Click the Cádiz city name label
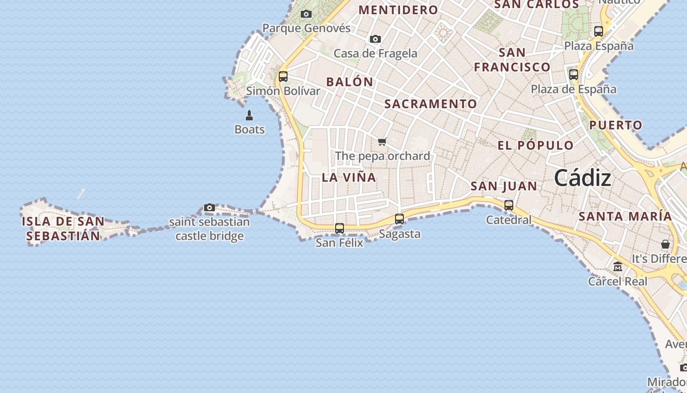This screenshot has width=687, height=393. click(582, 178)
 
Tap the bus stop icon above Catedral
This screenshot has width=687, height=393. click(509, 205)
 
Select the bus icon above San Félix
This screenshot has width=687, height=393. click(340, 228)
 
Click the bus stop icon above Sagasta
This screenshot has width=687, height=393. click(399, 219)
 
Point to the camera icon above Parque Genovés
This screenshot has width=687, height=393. click(306, 14)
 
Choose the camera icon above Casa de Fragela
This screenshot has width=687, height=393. click(375, 39)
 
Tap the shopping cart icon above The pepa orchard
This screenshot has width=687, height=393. click(382, 142)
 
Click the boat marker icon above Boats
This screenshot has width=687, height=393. click(249, 115)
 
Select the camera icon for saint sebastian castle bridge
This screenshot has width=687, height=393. click(210, 208)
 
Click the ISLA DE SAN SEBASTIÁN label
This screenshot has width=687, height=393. click(63, 229)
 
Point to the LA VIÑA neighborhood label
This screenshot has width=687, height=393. click(349, 178)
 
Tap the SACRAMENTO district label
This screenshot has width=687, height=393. click(430, 104)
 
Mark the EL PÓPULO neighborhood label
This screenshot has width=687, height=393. click(535, 145)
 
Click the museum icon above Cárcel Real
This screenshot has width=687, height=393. click(618, 267)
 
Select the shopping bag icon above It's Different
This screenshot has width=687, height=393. click(665, 244)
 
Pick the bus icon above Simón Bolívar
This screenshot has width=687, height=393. click(283, 77)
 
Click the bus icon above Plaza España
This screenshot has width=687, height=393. click(599, 31)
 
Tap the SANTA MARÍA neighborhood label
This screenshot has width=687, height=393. click(625, 216)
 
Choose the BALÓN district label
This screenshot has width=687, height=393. click(349, 82)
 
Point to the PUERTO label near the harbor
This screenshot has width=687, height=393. click(616, 125)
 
